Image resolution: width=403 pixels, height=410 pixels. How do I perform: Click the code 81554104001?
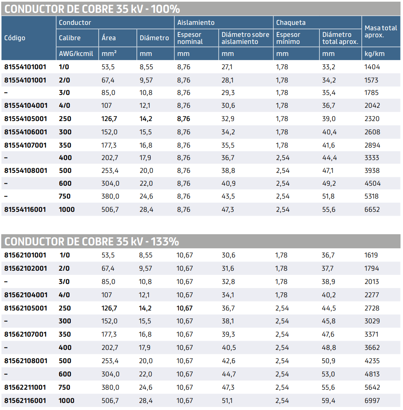pyautogui.click(x=25, y=106)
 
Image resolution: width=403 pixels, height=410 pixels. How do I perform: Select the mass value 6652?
pyautogui.click(x=372, y=210)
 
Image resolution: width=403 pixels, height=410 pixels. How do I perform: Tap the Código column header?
pyautogui.click(x=15, y=38)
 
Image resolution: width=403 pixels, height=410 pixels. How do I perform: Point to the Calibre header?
pyautogui.click(x=70, y=38)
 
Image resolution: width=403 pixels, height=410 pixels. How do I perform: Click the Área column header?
pyautogui.click(x=109, y=38)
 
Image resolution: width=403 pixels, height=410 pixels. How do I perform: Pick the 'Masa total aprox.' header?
pyautogui.click(x=380, y=32)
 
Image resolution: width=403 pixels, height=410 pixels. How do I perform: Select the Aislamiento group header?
pyautogui.click(x=196, y=22)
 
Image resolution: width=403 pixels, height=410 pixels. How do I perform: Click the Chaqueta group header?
pyautogui.click(x=291, y=22)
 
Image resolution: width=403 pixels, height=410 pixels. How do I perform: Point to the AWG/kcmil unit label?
pyautogui.click(x=76, y=54)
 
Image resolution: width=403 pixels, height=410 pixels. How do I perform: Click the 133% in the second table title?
pyautogui.click(x=164, y=241)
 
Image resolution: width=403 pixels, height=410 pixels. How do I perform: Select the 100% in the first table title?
pyautogui.click(x=165, y=9)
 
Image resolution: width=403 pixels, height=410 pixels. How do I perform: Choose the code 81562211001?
pyautogui.click(x=25, y=387)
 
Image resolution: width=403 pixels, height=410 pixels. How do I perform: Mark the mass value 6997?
pyautogui.click(x=372, y=401)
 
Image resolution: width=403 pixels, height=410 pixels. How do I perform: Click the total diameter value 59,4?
pyautogui.click(x=328, y=401)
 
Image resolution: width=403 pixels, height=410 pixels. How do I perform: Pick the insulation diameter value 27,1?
pyautogui.click(x=227, y=67)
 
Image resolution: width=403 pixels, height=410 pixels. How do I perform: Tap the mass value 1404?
pyautogui.click(x=372, y=67)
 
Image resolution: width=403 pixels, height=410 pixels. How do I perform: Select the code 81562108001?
pyautogui.click(x=25, y=361)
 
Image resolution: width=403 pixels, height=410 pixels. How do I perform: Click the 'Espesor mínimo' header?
pyautogui.click(x=288, y=38)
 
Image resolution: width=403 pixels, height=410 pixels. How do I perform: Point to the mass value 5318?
pyautogui.click(x=372, y=197)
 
